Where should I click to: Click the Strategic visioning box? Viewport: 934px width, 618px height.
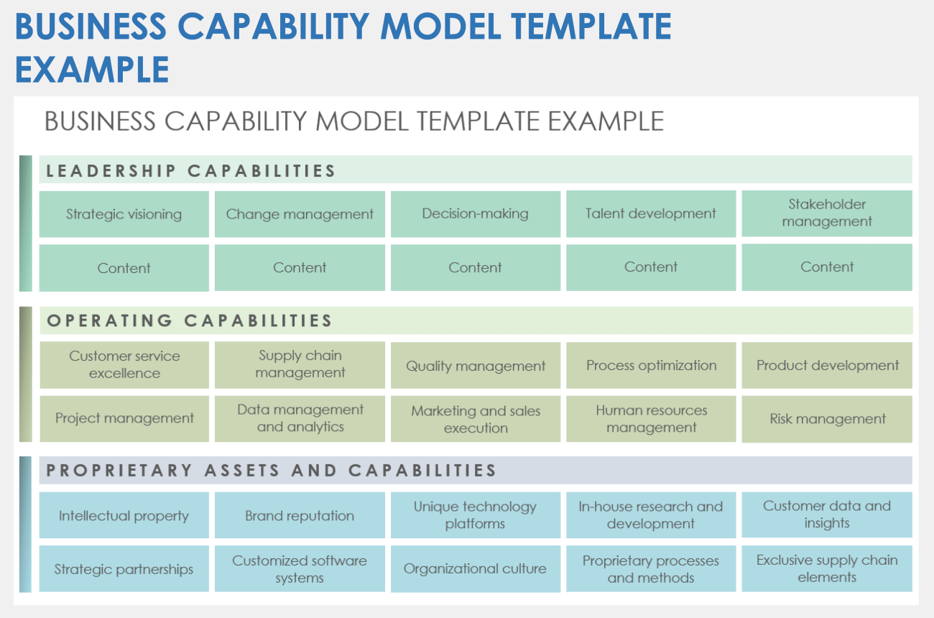pyautogui.click(x=124, y=214)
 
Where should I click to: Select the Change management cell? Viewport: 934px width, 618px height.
pyautogui.click(x=300, y=214)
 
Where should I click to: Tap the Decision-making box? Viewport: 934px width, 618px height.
pyautogui.click(x=475, y=214)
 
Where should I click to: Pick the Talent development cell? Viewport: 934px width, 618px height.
pyautogui.click(x=651, y=214)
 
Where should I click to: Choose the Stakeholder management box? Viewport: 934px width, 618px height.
pyautogui.click(x=827, y=213)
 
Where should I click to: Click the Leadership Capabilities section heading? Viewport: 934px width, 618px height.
pyautogui.click(x=191, y=171)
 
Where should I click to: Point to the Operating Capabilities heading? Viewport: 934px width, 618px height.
pyautogui.click(x=190, y=320)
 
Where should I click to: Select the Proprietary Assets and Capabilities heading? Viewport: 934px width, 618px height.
pyautogui.click(x=272, y=471)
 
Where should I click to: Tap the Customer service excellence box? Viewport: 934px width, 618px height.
pyautogui.click(x=124, y=365)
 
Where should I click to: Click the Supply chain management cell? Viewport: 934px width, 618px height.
pyautogui.click(x=300, y=364)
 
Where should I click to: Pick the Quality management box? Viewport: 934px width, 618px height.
pyautogui.click(x=475, y=366)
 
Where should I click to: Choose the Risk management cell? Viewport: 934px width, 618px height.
pyautogui.click(x=827, y=419)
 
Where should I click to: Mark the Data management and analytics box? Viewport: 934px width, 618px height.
pyautogui.click(x=300, y=418)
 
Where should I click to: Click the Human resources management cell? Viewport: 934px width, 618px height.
pyautogui.click(x=651, y=419)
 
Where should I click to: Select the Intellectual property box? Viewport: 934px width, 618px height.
pyautogui.click(x=124, y=515)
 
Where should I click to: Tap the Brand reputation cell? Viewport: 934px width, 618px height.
pyautogui.click(x=300, y=515)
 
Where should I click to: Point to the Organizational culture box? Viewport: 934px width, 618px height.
pyautogui.click(x=475, y=568)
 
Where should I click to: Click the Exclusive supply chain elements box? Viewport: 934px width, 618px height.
pyautogui.click(x=827, y=568)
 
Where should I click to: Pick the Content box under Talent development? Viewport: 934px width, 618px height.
pyautogui.click(x=651, y=267)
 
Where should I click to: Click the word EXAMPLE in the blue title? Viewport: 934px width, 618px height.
pyautogui.click(x=92, y=70)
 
